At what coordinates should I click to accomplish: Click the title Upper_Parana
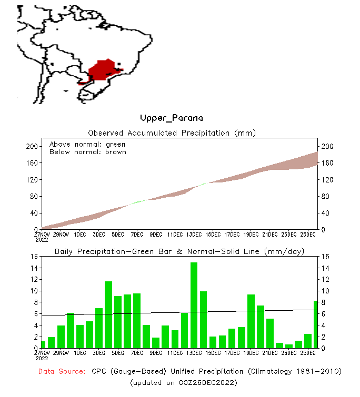point(171,118)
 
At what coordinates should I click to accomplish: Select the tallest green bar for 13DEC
point(194,305)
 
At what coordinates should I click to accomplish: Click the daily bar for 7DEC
point(137,320)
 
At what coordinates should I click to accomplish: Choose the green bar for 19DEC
point(251,321)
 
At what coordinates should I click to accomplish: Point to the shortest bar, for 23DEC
point(289,346)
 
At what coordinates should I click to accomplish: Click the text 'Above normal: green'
point(87,144)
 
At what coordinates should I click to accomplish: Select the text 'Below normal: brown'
point(87,152)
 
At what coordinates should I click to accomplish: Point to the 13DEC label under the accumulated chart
point(194,234)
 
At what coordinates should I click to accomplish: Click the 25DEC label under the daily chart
point(308,352)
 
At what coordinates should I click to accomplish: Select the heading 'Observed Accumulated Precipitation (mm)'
point(172,133)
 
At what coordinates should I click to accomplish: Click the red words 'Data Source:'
point(62,372)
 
